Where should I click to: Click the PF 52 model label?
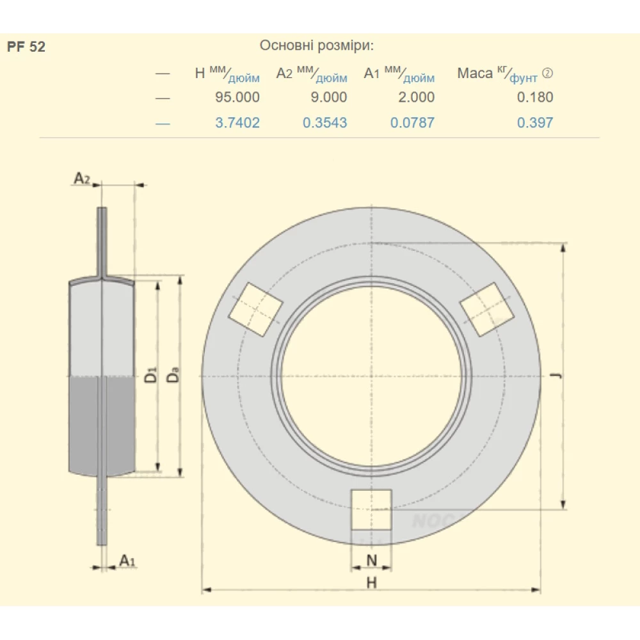pos(26,47)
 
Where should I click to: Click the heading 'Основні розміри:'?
pos(317,45)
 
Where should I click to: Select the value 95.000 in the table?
pos(237,97)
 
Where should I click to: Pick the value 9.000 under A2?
pos(328,97)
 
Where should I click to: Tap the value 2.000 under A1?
pos(417,97)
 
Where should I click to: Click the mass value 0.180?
pos(535,97)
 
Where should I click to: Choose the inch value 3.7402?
pos(237,122)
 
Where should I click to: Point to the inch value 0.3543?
pos(325,122)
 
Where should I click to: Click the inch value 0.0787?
pos(412,122)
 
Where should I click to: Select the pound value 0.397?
pos(535,122)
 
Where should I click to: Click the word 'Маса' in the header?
pos(475,74)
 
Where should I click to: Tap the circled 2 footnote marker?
pos(547,73)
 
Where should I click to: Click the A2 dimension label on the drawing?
pos(82,179)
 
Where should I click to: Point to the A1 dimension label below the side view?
pos(127,561)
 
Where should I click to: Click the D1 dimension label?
pos(150,374)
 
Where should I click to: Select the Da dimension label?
pos(173,374)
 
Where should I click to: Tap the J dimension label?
pos(556,375)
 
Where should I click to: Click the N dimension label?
pos(371,561)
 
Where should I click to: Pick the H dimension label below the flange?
pos(371,582)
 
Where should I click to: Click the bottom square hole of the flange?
pos(371,510)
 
